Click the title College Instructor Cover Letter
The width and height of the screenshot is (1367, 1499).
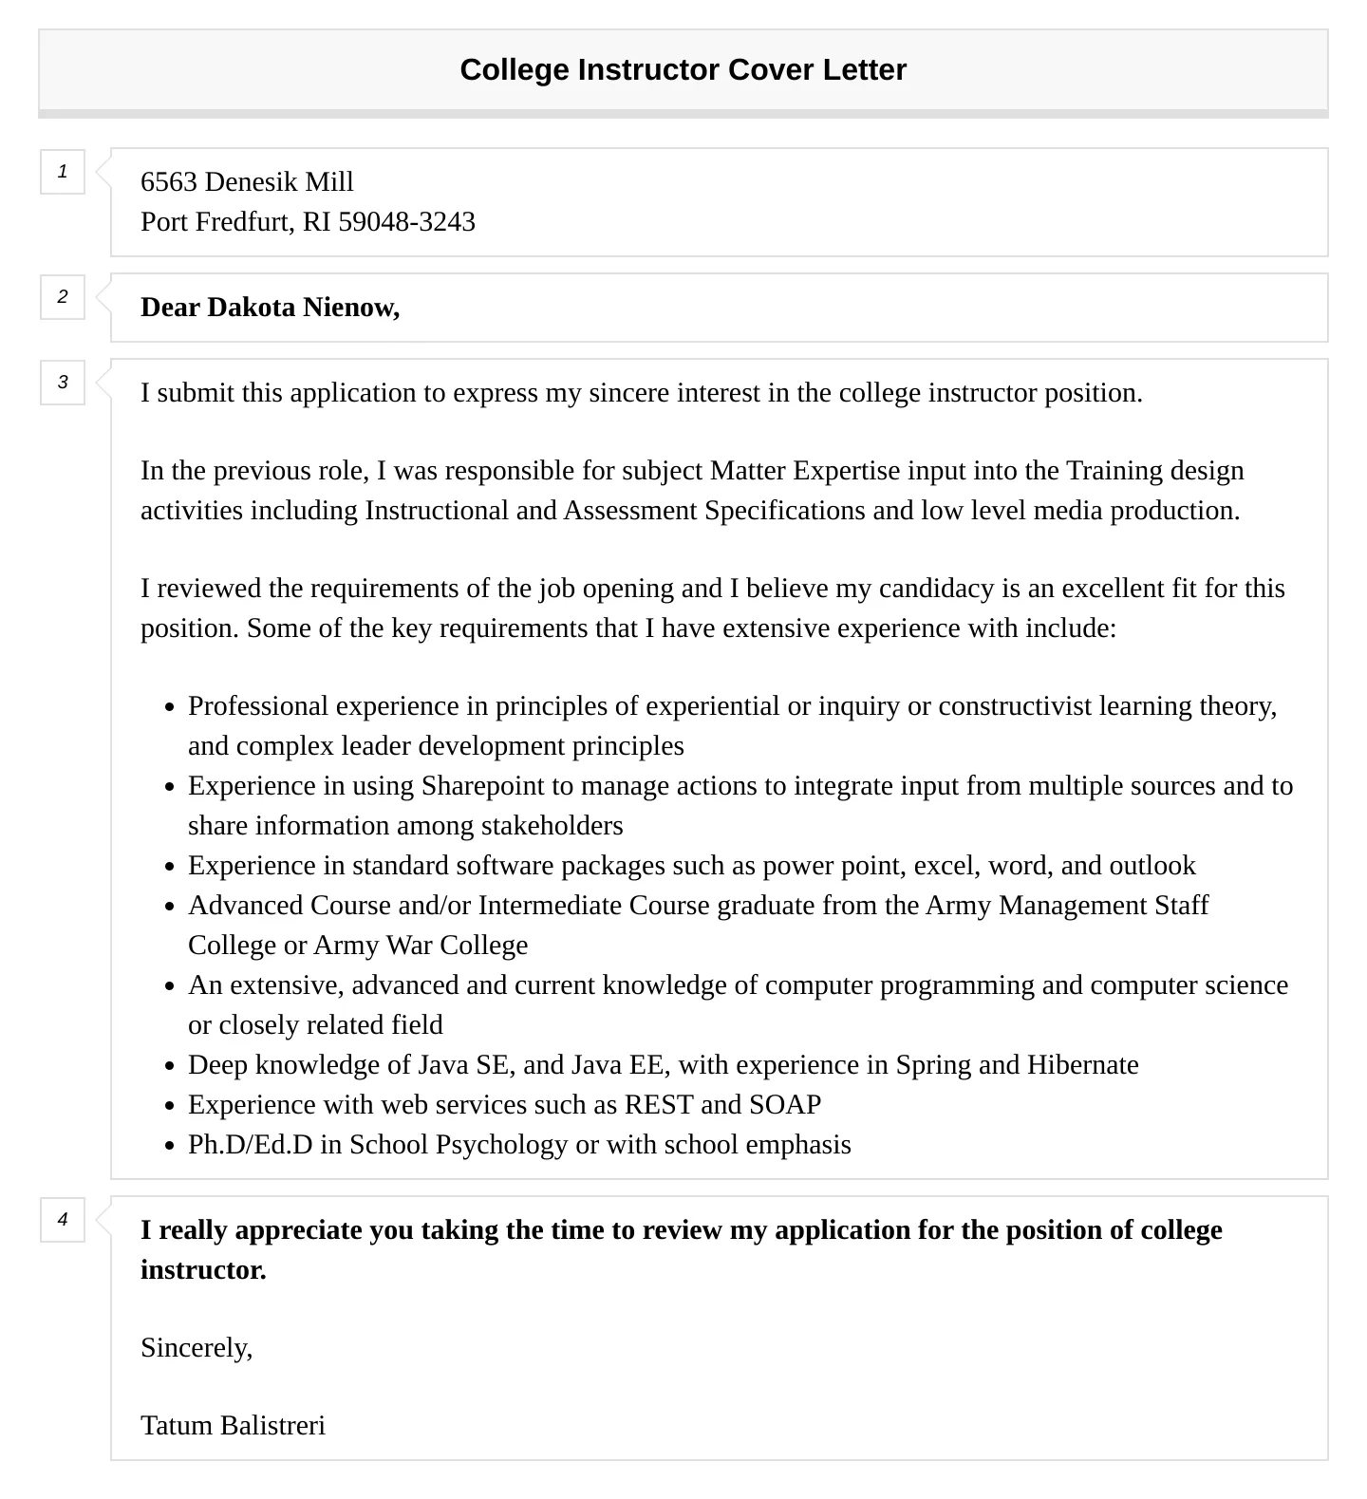(683, 70)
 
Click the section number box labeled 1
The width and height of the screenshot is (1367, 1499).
(63, 172)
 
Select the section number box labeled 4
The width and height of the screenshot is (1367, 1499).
(63, 1220)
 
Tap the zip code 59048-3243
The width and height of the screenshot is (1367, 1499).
(406, 222)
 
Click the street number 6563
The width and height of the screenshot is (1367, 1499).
(169, 182)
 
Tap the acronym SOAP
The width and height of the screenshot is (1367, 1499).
(785, 1105)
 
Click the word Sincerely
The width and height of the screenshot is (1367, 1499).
(196, 1348)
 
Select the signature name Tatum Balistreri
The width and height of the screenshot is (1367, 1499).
(233, 1426)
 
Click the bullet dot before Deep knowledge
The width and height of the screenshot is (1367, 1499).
(169, 1066)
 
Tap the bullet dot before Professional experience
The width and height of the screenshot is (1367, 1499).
(169, 707)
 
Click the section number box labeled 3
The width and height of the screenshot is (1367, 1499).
(63, 383)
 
